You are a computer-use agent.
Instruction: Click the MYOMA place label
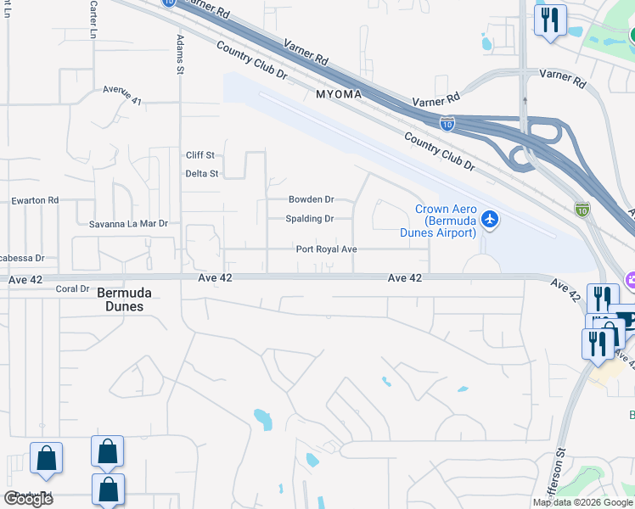[x=338, y=93]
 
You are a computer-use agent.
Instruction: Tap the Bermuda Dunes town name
[x=124, y=299]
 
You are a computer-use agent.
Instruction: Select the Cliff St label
[x=200, y=155]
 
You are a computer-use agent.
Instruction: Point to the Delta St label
[x=202, y=174]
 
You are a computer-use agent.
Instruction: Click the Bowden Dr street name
[x=312, y=199]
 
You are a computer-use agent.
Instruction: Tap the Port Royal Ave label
[x=326, y=249]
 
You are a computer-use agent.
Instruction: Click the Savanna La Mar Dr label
[x=129, y=224]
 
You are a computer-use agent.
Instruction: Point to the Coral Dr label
[x=72, y=289]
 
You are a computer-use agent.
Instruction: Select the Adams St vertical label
[x=180, y=54]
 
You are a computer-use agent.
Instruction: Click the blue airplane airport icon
[x=489, y=220]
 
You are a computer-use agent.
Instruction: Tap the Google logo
[x=28, y=499]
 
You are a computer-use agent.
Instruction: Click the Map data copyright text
[x=582, y=502]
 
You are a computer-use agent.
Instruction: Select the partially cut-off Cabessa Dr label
[x=27, y=257]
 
